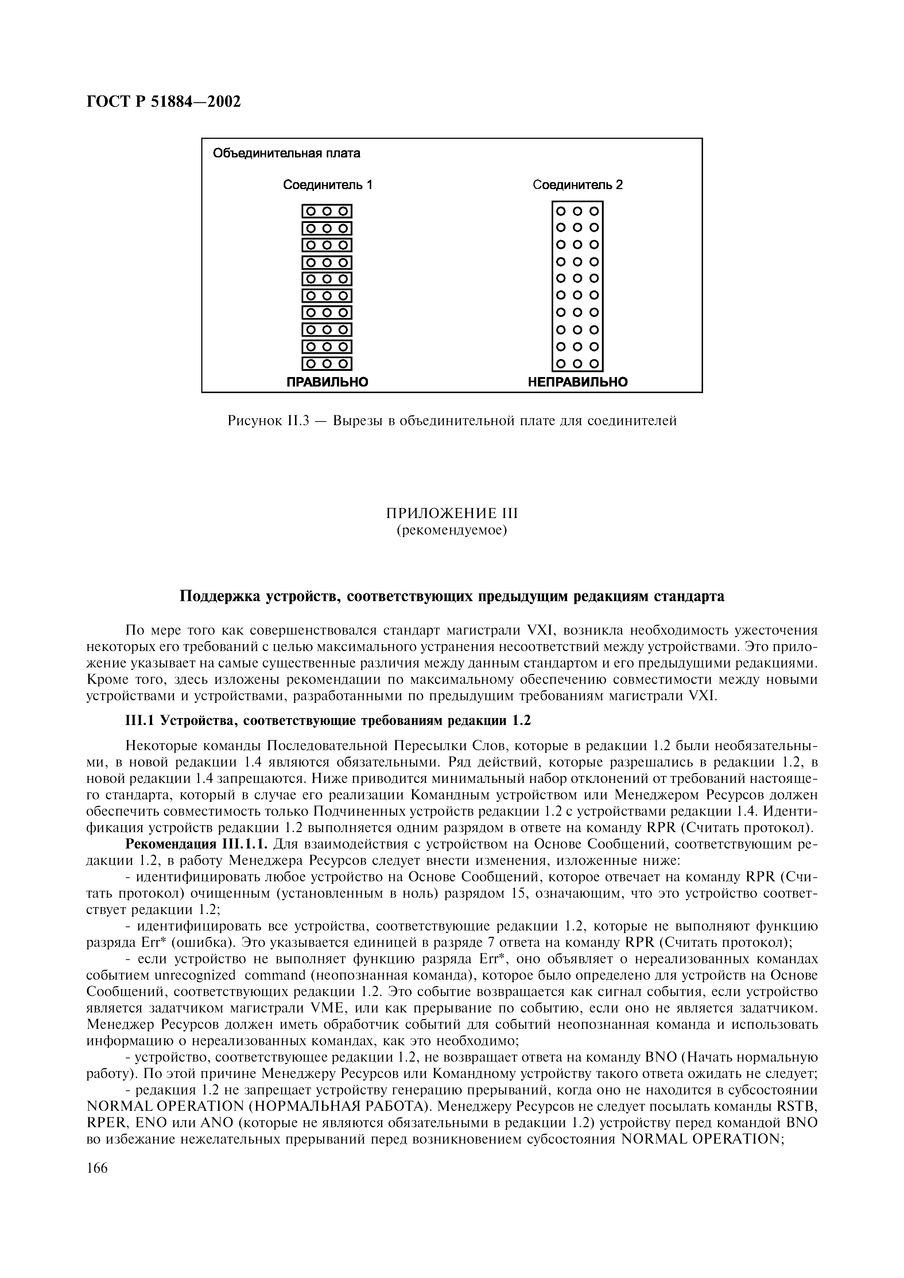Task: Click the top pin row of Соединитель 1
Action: click(327, 212)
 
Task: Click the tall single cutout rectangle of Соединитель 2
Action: click(578, 287)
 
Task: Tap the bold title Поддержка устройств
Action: click(452, 596)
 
